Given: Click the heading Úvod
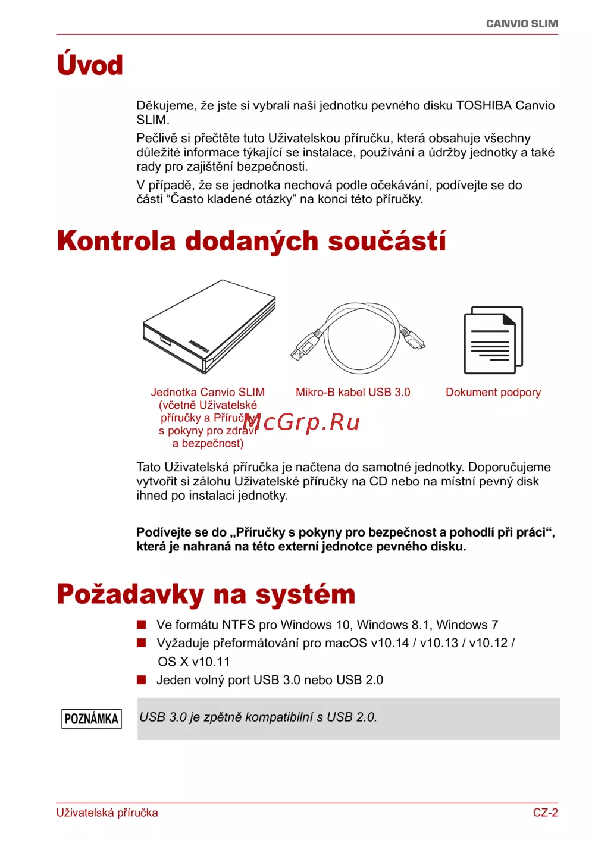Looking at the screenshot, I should point(90,65).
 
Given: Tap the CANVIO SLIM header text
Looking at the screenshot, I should point(522,24).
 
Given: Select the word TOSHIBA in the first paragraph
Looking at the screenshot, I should point(484,106).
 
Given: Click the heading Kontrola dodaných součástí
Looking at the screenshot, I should point(251,242).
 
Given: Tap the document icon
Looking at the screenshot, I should point(493,340).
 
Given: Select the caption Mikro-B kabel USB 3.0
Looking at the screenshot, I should point(353,393).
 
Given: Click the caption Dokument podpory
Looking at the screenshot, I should point(493,393).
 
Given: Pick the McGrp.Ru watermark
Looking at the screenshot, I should point(302,422).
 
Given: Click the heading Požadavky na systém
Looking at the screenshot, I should point(206,594).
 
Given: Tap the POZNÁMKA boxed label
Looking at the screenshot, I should point(92,719).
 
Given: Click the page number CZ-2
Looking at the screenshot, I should point(545,813).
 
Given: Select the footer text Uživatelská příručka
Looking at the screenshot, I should point(107,813).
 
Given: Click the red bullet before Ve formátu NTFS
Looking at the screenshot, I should point(142,625).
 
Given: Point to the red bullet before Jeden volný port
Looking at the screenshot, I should point(142,679).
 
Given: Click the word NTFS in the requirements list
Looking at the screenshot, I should point(239,625).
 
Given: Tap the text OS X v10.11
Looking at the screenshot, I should point(193,662).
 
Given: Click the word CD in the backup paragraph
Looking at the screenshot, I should point(378,481).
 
